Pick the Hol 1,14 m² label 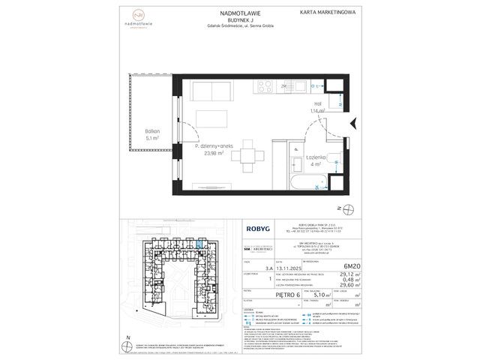point(317,106)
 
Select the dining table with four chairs point(246,157)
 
